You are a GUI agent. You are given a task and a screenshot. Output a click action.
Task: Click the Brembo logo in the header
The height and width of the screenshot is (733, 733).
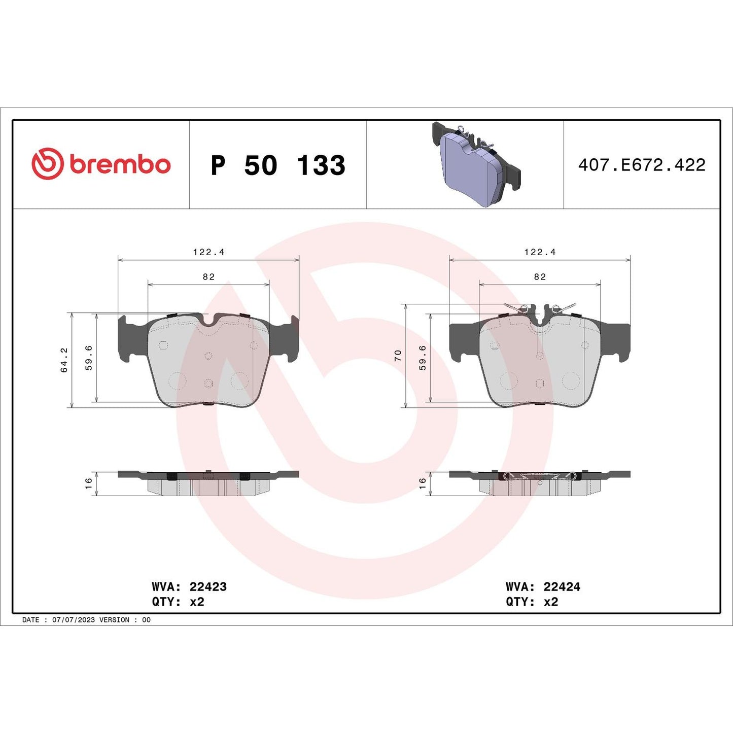(x=101, y=164)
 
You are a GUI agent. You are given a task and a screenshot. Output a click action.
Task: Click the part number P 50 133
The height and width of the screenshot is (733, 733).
(x=278, y=165)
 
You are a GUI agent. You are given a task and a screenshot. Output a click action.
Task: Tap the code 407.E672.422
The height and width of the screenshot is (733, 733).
(x=642, y=165)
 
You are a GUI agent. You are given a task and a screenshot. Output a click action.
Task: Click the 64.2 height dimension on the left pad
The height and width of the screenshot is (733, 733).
(x=64, y=360)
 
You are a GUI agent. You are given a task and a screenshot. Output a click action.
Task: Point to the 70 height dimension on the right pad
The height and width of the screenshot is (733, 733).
(x=398, y=356)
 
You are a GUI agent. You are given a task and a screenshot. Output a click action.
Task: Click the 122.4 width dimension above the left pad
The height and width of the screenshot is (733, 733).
(x=208, y=252)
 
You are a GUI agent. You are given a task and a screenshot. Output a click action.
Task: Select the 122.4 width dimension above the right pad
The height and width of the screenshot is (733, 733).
(x=540, y=252)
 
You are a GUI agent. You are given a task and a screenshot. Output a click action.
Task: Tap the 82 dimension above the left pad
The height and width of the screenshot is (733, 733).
(x=208, y=277)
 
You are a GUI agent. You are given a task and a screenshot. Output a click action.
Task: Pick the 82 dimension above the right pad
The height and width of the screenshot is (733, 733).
(x=540, y=277)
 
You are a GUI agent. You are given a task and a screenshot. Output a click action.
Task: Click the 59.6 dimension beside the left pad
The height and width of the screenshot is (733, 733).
(x=89, y=358)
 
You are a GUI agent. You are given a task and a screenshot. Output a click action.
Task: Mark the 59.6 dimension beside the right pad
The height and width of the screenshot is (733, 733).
(x=423, y=358)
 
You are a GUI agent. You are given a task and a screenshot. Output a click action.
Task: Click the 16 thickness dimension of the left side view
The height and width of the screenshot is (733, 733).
(x=89, y=483)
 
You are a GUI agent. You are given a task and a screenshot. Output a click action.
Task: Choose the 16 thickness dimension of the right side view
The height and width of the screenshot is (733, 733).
(x=423, y=483)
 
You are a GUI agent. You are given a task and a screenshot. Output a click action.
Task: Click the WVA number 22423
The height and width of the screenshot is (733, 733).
(x=208, y=587)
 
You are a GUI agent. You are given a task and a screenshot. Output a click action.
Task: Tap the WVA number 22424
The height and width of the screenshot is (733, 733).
(x=562, y=587)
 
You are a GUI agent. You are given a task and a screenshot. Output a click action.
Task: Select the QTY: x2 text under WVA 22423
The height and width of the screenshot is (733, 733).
(x=178, y=602)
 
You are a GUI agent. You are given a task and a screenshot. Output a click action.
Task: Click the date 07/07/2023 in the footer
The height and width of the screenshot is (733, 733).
(x=74, y=620)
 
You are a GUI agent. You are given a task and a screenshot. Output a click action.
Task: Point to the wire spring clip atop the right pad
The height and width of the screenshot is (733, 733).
(x=540, y=308)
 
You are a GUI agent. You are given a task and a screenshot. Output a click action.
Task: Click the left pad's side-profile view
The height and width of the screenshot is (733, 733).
(x=208, y=482)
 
